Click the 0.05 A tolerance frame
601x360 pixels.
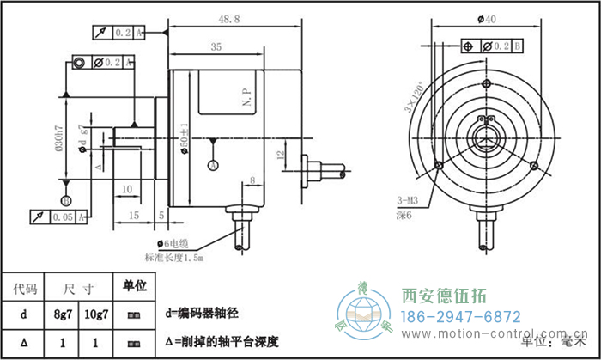point(59,218)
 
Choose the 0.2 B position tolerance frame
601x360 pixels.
point(492,45)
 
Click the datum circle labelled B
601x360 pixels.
point(65,200)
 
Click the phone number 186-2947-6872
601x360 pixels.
point(461,316)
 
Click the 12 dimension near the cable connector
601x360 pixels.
point(280,156)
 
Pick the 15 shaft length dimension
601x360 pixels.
point(134,214)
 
